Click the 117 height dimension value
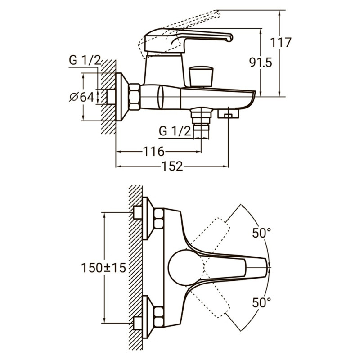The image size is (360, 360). [282, 43]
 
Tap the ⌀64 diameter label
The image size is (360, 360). [82, 96]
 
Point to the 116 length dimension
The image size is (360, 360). [153, 151]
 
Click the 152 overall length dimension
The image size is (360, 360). [172, 166]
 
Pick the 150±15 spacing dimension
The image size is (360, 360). [103, 267]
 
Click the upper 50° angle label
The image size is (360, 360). [261, 233]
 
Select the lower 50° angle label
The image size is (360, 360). [261, 302]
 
